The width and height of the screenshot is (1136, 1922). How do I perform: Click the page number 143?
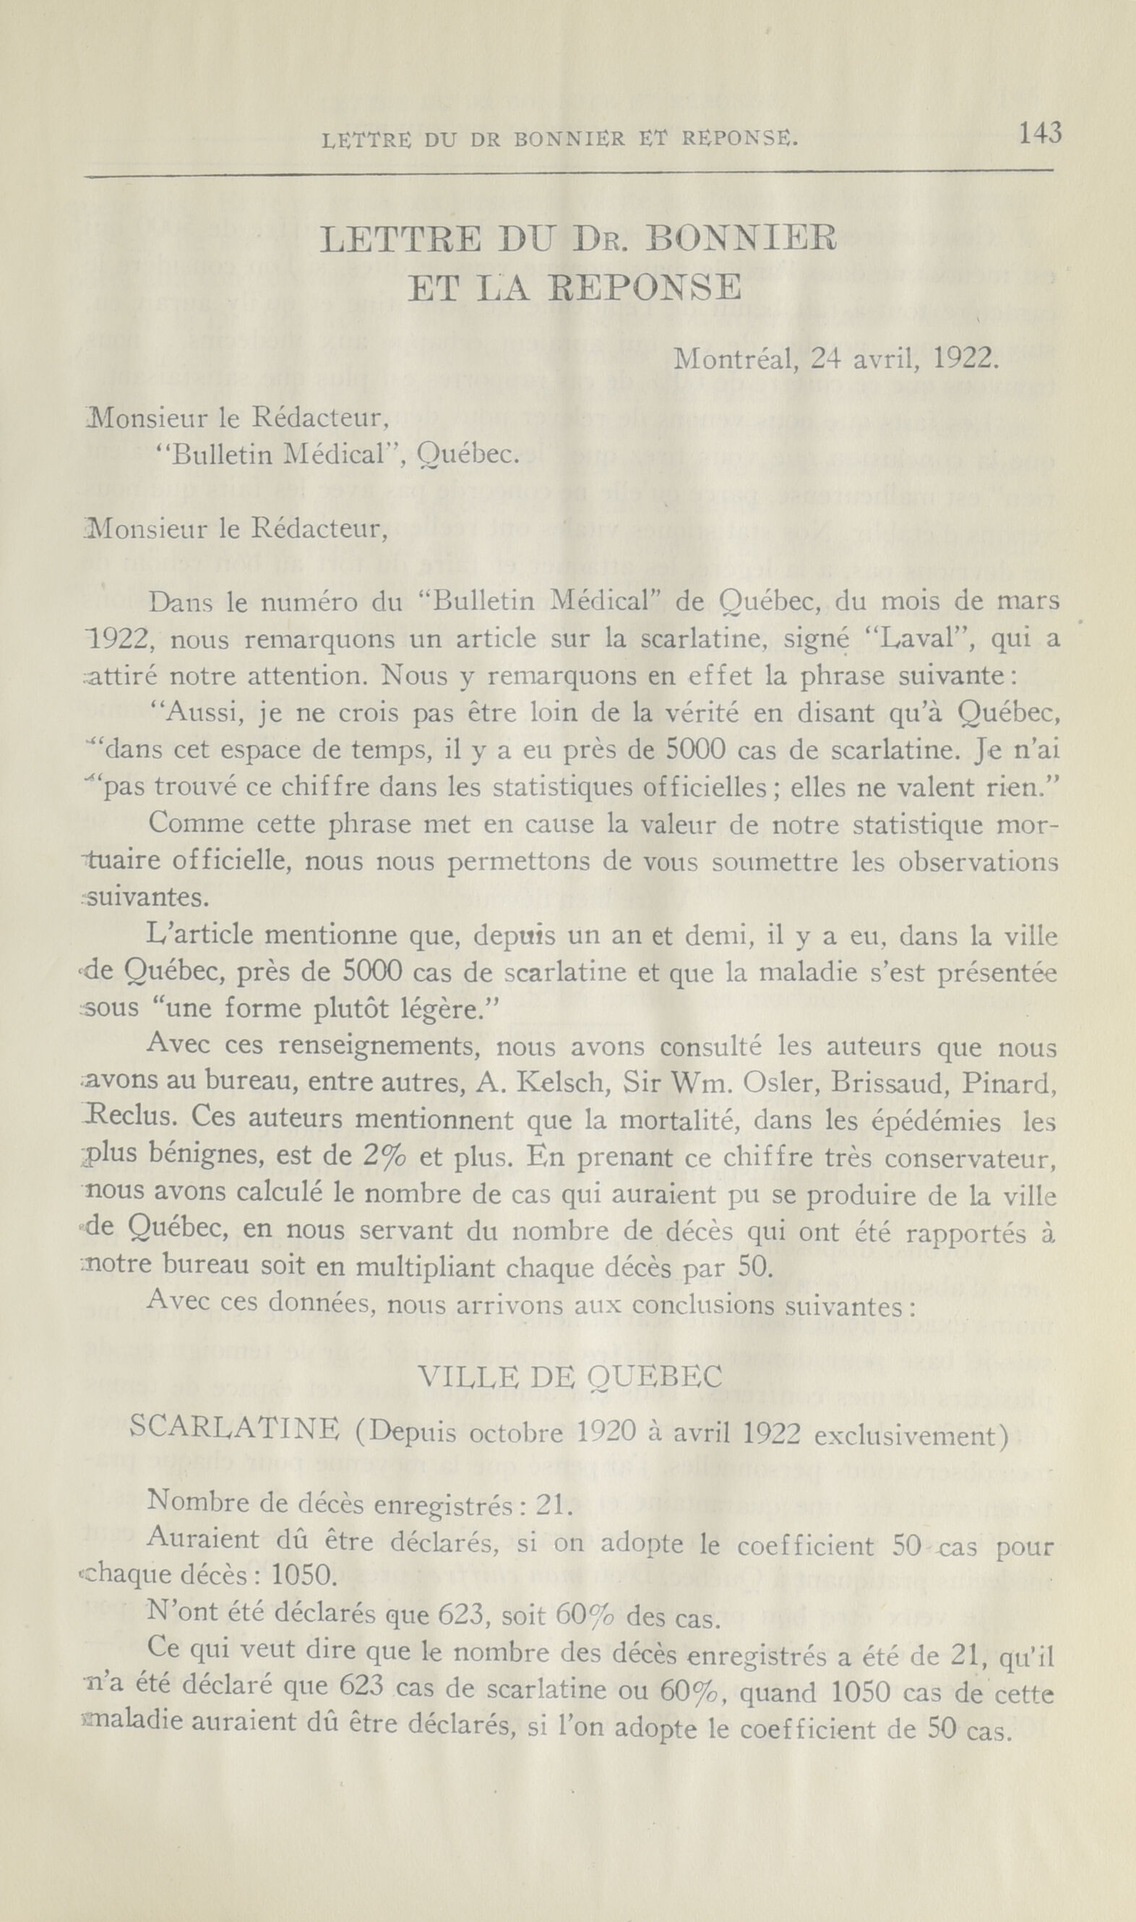tap(1040, 134)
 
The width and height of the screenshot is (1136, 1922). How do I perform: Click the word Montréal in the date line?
tap(736, 359)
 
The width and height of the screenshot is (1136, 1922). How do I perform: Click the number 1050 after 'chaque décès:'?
tap(303, 1576)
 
